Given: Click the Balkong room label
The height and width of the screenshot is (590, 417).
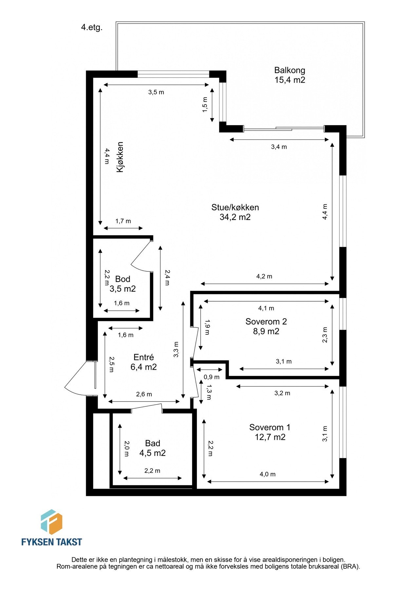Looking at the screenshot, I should (290, 70).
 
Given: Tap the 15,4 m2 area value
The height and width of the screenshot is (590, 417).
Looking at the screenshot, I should (290, 80).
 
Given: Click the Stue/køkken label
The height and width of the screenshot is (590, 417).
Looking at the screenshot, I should (235, 207).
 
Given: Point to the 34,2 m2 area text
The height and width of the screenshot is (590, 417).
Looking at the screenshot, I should (235, 217).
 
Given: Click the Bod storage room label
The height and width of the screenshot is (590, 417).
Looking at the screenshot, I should (123, 279).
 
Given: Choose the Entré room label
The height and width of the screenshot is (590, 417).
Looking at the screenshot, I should (143, 357).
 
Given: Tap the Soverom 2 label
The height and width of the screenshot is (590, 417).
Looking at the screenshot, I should (266, 322).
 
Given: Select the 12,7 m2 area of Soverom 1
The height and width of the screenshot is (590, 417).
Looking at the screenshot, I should (270, 437).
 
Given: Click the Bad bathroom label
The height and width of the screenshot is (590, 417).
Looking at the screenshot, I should (152, 443).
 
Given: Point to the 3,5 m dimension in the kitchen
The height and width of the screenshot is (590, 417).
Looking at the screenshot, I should (156, 92).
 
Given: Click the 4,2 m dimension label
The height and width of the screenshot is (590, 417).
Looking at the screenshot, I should (264, 276).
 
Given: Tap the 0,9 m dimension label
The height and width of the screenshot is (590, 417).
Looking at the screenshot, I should (211, 377).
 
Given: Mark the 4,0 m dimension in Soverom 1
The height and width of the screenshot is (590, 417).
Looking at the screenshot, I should (267, 474).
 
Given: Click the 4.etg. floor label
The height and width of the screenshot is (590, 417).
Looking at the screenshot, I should (92, 28).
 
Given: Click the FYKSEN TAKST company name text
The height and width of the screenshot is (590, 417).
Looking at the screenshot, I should (51, 542).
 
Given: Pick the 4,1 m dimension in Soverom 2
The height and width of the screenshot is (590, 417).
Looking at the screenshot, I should (266, 308).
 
